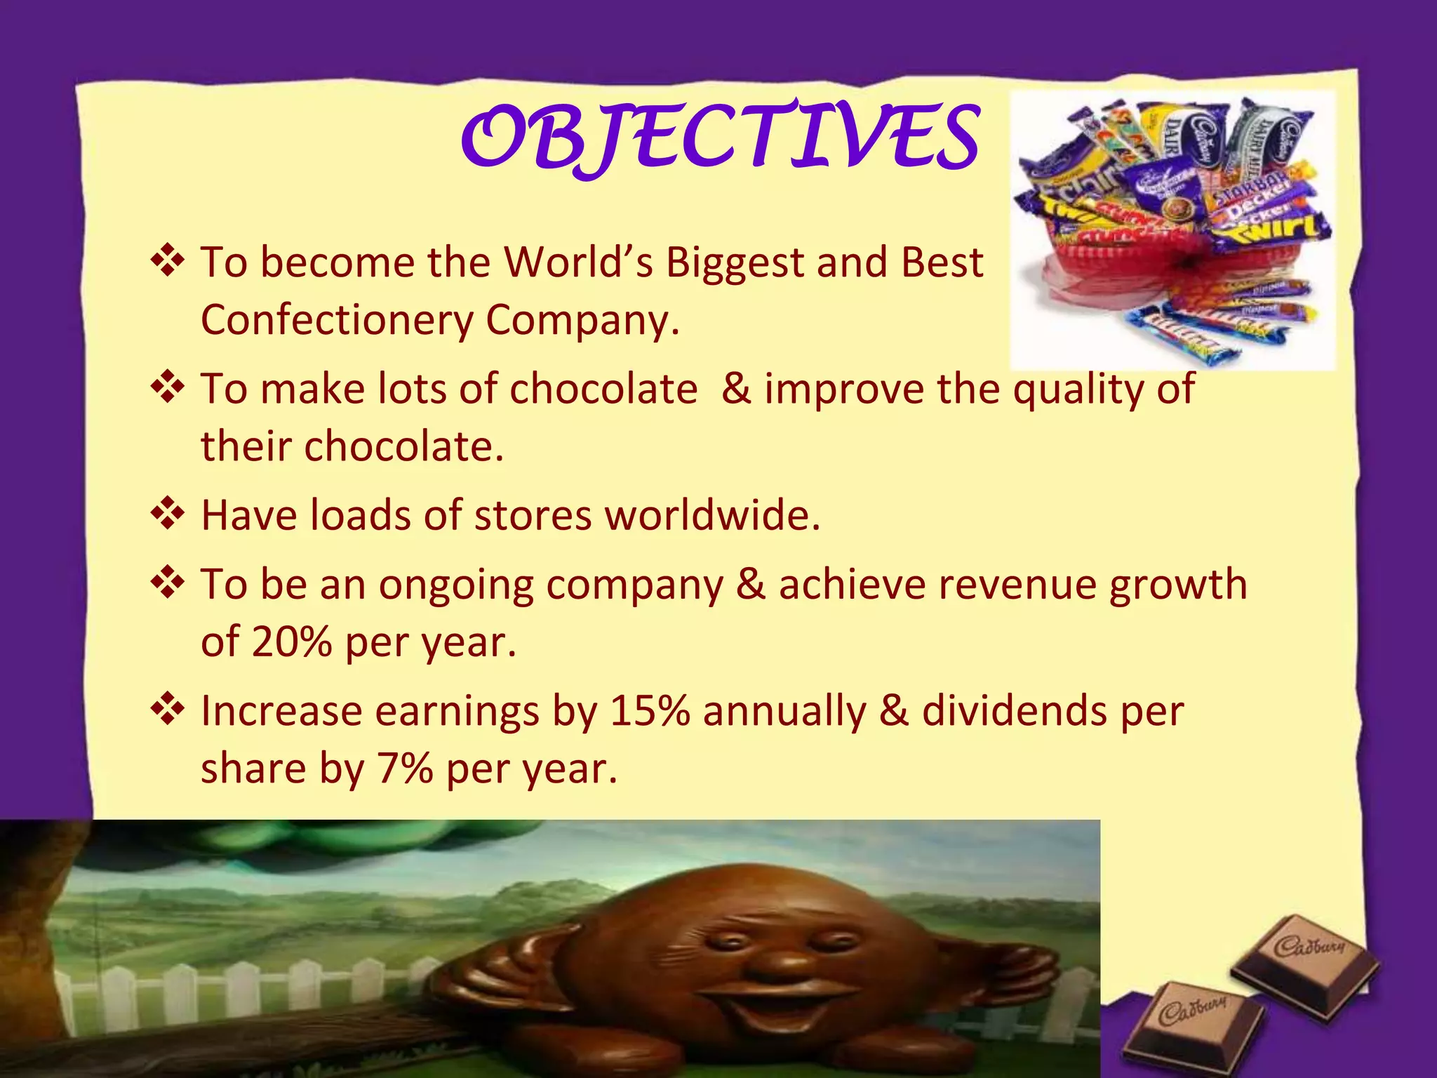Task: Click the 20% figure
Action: tap(291, 641)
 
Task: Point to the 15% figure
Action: tap(649, 711)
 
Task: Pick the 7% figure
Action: tap(405, 768)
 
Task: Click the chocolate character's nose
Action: tap(777, 967)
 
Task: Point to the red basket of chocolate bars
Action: tap(1151, 253)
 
